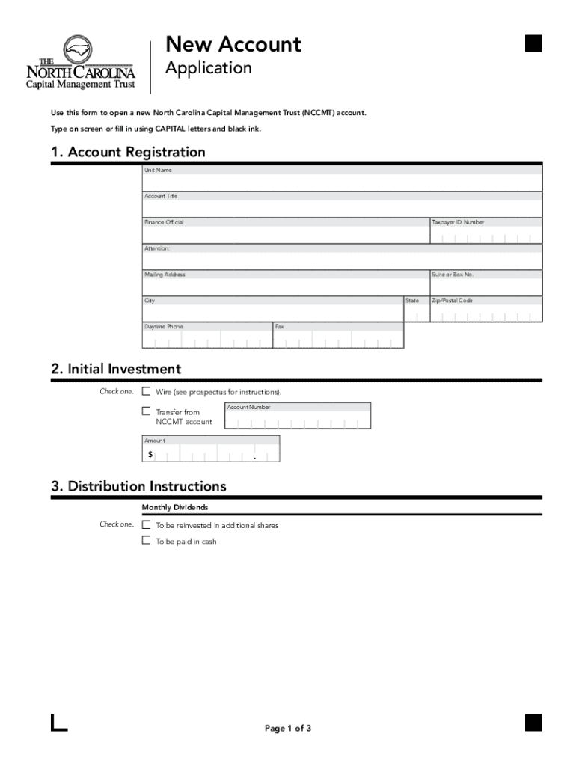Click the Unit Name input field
[342, 183]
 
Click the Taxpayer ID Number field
[485, 236]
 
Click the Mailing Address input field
[285, 287]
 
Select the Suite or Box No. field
[485, 287]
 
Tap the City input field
[272, 313]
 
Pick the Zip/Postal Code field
[485, 314]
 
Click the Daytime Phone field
[206, 340]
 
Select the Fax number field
[337, 340]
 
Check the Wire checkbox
[147, 391]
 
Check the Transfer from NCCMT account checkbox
[147, 411]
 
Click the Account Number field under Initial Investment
[297, 421]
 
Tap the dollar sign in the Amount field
[150, 454]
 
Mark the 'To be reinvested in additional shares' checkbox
[147, 525]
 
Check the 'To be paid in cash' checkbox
[147, 541]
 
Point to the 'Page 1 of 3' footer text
[288, 729]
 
